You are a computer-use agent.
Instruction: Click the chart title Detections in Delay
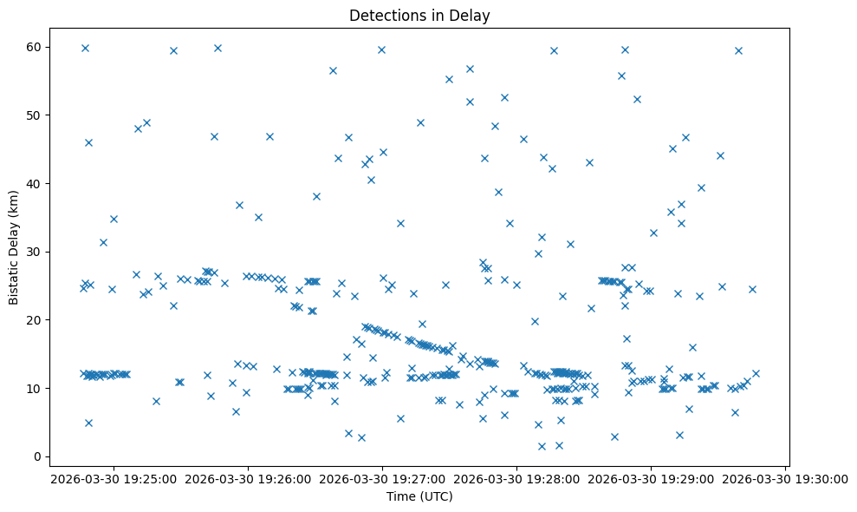pyautogui.click(x=419, y=15)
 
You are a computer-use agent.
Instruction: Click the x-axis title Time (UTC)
pyautogui.click(x=419, y=496)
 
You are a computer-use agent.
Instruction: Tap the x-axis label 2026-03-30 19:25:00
pyautogui.click(x=114, y=478)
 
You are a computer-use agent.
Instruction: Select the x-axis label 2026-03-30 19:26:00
pyautogui.click(x=248, y=478)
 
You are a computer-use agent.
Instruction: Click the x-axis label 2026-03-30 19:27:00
pyautogui.click(x=382, y=478)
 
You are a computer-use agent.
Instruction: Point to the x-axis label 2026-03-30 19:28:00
pyautogui.click(x=517, y=478)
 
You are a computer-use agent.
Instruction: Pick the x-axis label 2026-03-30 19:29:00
pyautogui.click(x=652, y=478)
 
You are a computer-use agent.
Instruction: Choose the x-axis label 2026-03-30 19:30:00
pyautogui.click(x=786, y=478)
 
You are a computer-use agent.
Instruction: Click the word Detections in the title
pyautogui.click(x=384, y=15)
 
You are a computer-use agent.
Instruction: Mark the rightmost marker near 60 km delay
pyautogui.click(x=738, y=50)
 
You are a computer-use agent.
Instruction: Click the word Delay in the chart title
pyautogui.click(x=472, y=15)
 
